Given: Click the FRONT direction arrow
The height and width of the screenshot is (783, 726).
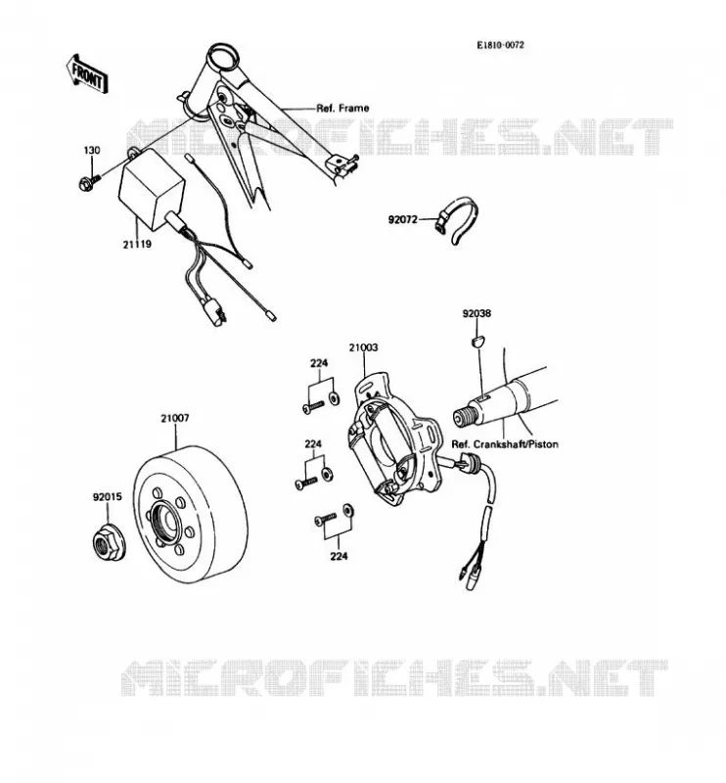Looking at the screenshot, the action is (x=87, y=74).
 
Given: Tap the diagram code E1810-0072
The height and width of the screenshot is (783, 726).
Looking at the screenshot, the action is (x=500, y=45).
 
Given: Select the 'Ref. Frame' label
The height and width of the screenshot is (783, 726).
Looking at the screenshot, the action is (x=342, y=108).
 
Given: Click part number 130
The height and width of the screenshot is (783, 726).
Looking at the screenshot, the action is (x=91, y=150).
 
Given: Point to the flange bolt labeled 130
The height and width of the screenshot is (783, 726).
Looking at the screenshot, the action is (x=89, y=182).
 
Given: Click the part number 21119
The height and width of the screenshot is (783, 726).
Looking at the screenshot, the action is (x=137, y=244).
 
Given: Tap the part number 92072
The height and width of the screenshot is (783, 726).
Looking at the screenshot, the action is (x=402, y=219).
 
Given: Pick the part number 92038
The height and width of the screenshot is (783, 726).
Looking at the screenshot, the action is (x=476, y=313).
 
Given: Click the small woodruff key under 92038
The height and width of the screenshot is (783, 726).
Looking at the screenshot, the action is (x=477, y=341).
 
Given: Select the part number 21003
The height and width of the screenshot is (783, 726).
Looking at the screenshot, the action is (x=363, y=347).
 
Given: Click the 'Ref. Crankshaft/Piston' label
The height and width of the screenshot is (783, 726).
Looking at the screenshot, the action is (x=505, y=444).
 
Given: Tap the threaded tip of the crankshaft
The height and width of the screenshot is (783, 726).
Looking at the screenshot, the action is (x=463, y=417).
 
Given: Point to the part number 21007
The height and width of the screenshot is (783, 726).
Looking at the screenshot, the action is (x=175, y=418).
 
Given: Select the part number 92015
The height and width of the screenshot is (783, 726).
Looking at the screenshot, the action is (x=107, y=497).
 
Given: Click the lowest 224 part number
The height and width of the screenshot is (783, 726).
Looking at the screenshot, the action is (x=339, y=556).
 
